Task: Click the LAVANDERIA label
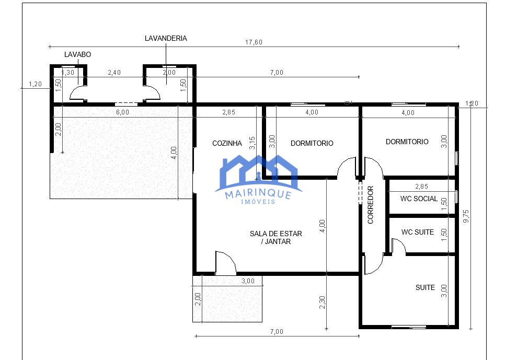[x=166, y=38]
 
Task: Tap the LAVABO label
[x=77, y=54]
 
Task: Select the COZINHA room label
[x=227, y=143]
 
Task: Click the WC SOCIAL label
[x=419, y=199]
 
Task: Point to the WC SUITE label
[x=418, y=232]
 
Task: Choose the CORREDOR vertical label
[x=370, y=205]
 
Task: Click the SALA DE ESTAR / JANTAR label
[x=275, y=237]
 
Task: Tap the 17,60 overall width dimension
[x=254, y=42]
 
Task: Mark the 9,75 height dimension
[x=466, y=216]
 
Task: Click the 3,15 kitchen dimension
[x=252, y=143]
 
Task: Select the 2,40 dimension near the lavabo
[x=114, y=73]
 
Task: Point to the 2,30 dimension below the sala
[x=323, y=303]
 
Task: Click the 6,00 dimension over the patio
[x=123, y=112]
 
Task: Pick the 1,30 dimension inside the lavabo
[x=68, y=73]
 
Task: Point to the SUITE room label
[x=425, y=287]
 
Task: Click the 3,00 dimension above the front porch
[x=248, y=281]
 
